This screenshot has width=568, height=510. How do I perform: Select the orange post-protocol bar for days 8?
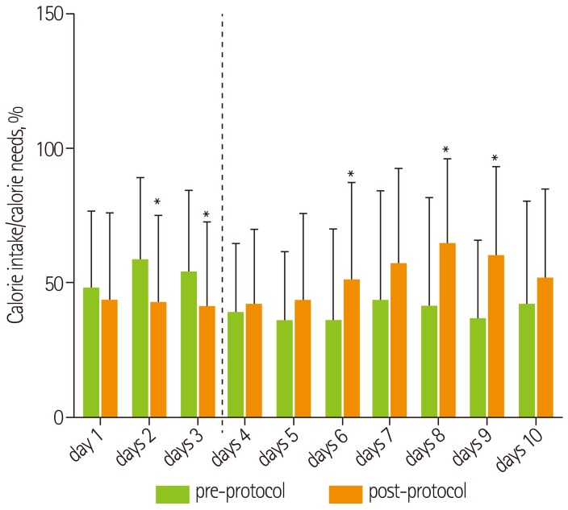click(x=448, y=330)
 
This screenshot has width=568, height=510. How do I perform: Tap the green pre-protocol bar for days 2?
click(x=140, y=338)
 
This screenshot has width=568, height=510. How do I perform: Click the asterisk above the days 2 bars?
click(x=157, y=202)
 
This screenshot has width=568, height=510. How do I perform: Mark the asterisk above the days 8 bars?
click(x=445, y=150)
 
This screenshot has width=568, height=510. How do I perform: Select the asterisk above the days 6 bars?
click(x=350, y=174)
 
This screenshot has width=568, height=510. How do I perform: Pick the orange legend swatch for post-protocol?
click(x=346, y=492)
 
